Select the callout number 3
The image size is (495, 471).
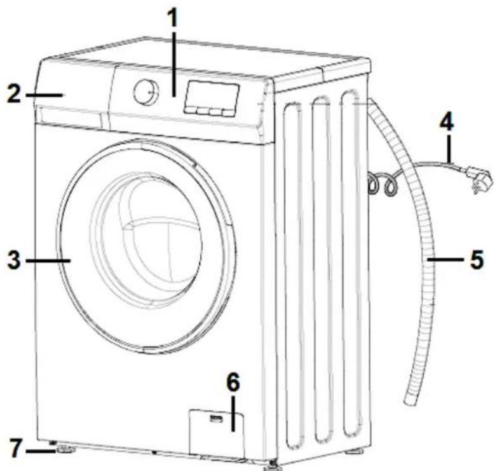(x=14, y=260)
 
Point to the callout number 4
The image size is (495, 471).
(x=447, y=122)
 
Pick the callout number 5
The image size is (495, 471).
(x=477, y=260)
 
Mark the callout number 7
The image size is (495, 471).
(x=16, y=447)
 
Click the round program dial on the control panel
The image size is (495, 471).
(x=147, y=92)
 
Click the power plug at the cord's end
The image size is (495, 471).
(x=479, y=179)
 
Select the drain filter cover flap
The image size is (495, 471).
(x=217, y=432)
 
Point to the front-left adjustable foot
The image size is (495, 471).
(x=65, y=449)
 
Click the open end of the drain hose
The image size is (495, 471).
(x=410, y=401)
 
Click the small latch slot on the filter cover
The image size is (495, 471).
(x=216, y=419)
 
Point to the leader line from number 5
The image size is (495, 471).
(x=445, y=260)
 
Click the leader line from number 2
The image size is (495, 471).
(x=44, y=95)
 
